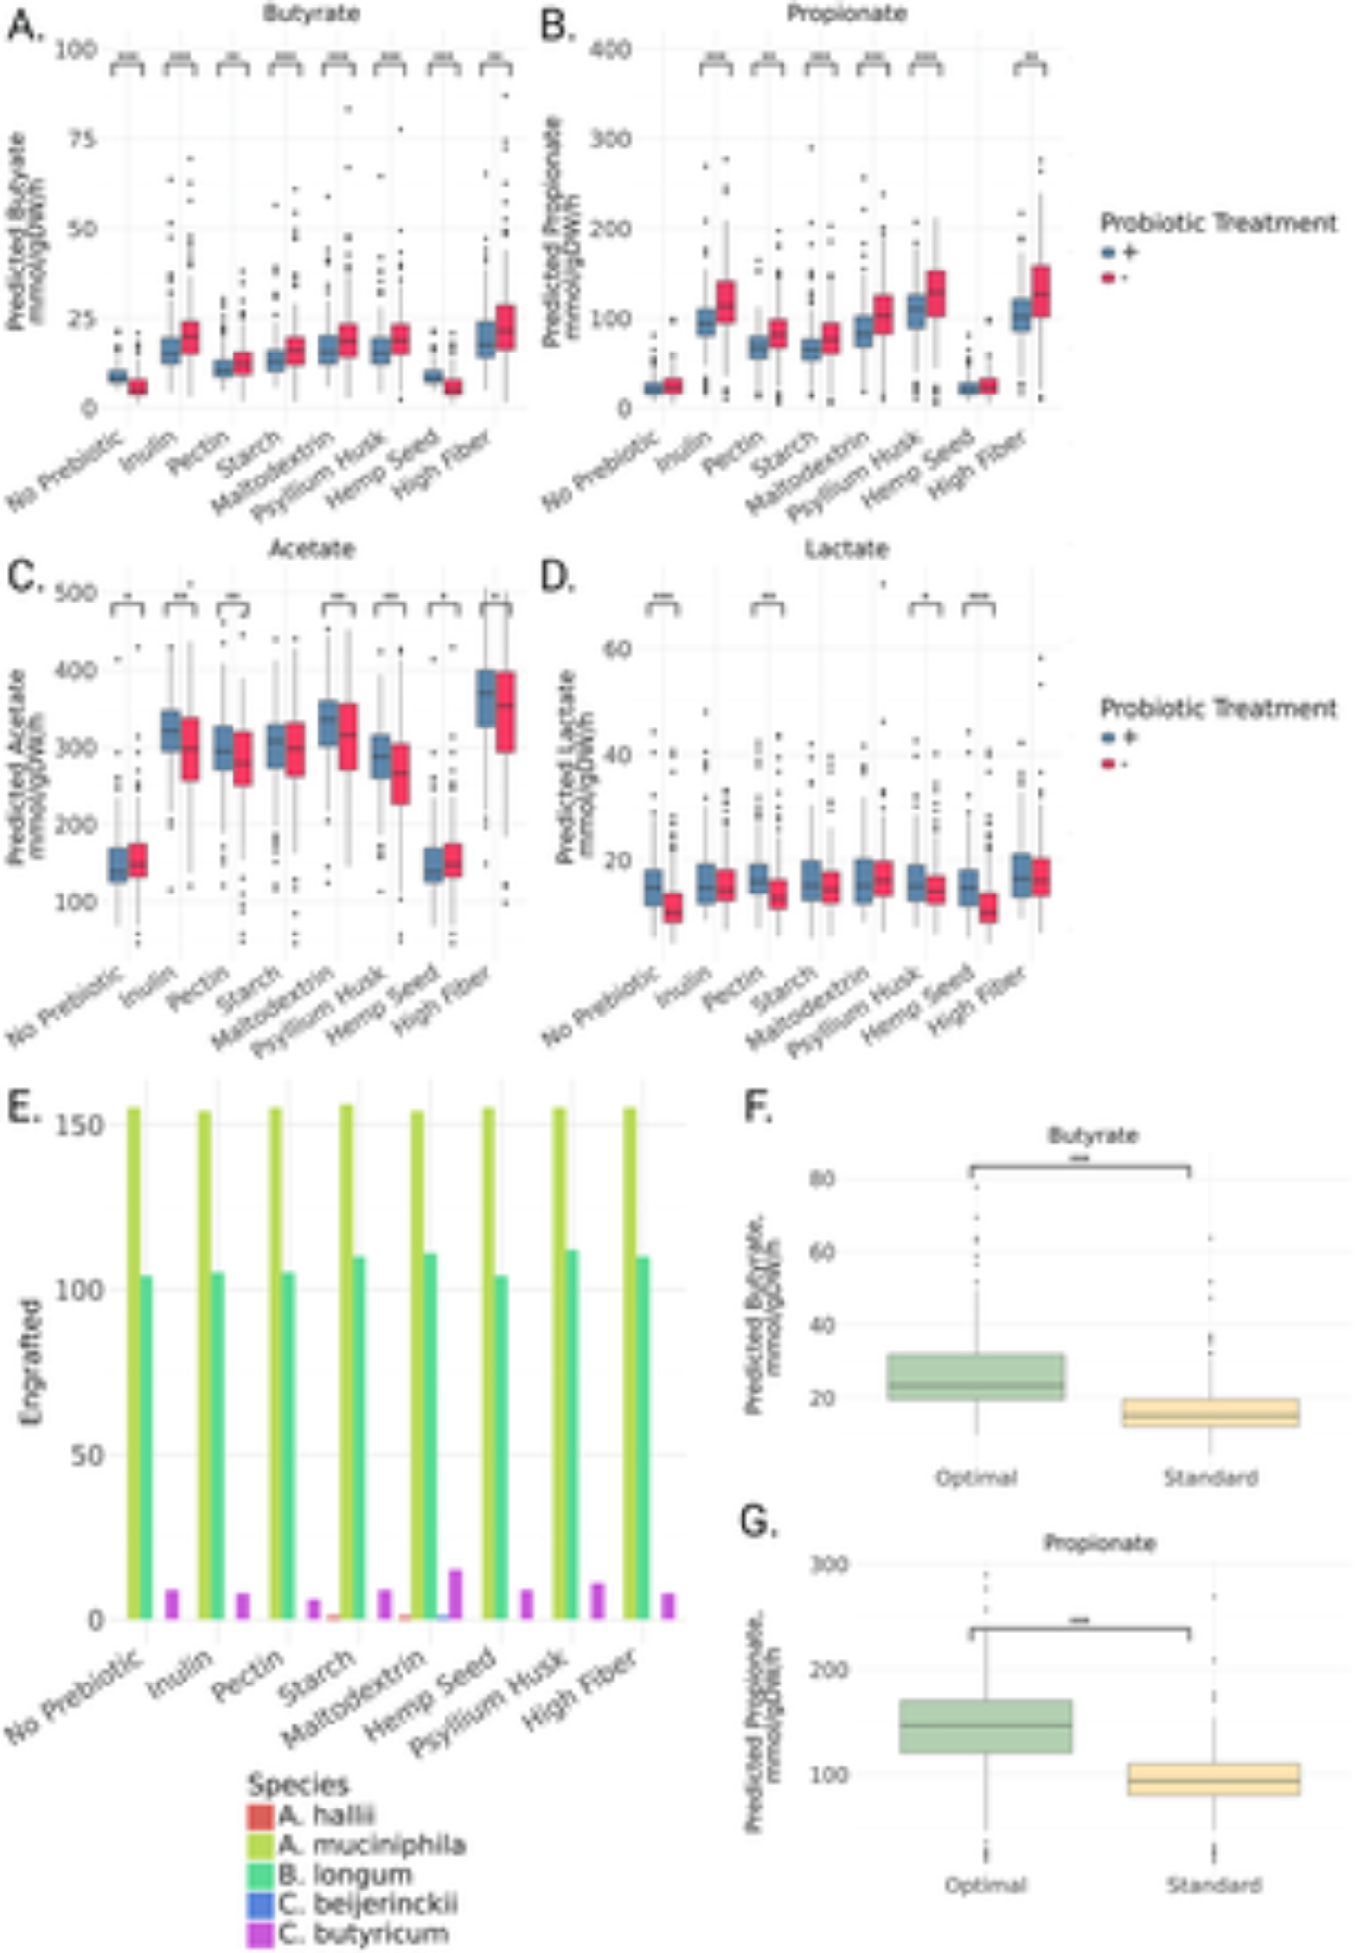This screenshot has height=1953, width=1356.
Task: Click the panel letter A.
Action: tap(24, 26)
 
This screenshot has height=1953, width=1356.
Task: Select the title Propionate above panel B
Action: tap(846, 14)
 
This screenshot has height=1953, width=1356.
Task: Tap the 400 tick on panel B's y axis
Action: tap(612, 49)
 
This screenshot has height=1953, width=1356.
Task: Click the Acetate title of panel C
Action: tap(312, 549)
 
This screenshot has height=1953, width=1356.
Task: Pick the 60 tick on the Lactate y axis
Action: tap(616, 648)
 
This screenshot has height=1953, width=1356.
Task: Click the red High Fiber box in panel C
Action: tap(505, 711)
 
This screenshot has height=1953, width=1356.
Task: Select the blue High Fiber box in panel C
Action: tap(486, 698)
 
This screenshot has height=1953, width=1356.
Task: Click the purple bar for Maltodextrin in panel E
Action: tap(455, 1594)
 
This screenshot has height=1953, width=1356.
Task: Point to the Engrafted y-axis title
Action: tap(31, 1362)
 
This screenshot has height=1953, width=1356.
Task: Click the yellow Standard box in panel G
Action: tap(1213, 1778)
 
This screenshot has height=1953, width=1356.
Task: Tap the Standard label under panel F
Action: tap(1209, 1477)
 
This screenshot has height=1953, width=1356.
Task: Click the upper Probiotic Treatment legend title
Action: tap(1218, 223)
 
